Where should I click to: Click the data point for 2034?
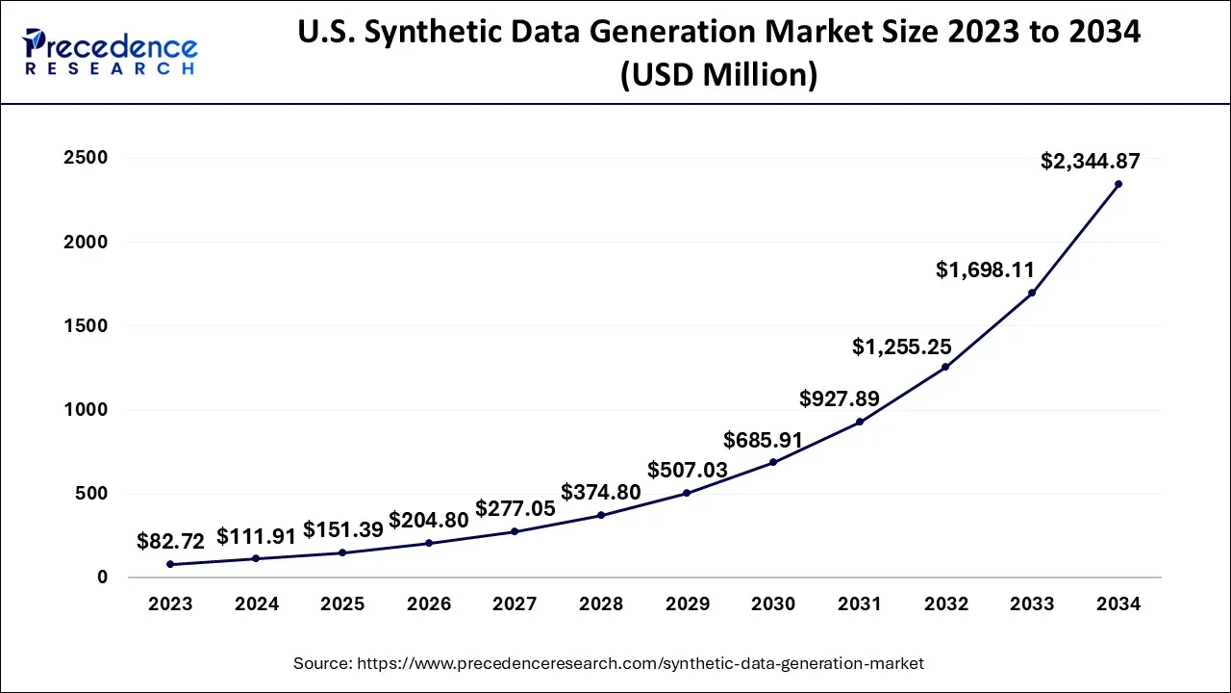point(1118,184)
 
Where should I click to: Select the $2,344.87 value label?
point(1090,162)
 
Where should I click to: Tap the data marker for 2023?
point(170,564)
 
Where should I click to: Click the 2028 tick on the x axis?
point(601,604)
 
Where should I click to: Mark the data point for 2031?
point(859,422)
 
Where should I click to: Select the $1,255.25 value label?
point(901,347)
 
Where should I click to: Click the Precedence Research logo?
point(112,52)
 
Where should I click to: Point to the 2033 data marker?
point(1032,293)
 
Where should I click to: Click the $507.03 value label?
point(687,471)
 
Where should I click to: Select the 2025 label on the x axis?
point(342,604)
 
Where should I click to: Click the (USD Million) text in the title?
point(719,74)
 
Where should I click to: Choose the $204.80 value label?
point(428,521)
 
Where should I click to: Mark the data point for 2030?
point(773,462)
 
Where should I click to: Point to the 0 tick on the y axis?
point(101,577)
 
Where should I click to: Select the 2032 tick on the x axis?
point(945,604)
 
